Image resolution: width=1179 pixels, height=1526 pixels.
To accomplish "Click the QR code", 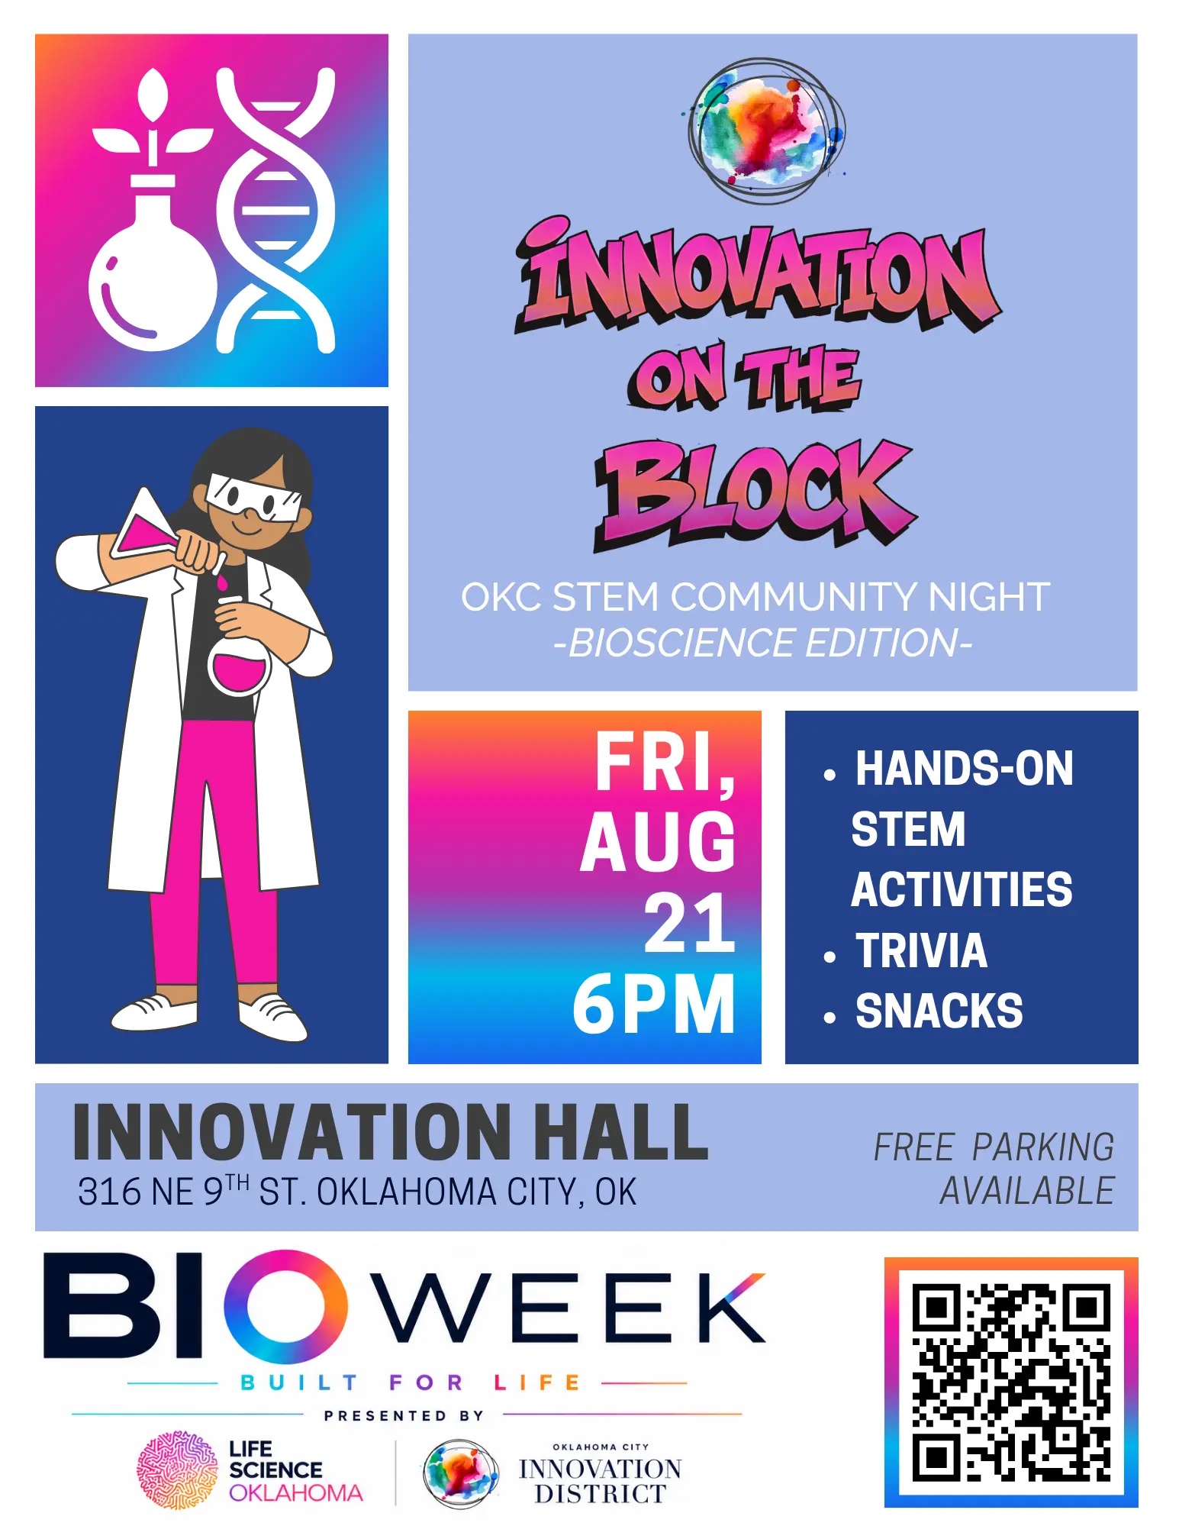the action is pyautogui.click(x=1010, y=1382).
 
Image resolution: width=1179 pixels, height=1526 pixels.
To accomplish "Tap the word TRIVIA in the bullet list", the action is pyautogui.click(x=921, y=950).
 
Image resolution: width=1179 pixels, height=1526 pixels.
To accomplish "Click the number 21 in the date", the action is pyautogui.click(x=690, y=923).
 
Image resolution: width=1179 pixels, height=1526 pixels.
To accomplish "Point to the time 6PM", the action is pyautogui.click(x=655, y=1004).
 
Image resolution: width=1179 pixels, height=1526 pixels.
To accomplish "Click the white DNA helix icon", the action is pyautogui.click(x=275, y=210).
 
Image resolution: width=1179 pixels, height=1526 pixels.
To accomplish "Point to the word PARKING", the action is pyautogui.click(x=1043, y=1147).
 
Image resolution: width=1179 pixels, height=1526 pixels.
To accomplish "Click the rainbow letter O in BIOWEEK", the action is pyautogui.click(x=285, y=1307).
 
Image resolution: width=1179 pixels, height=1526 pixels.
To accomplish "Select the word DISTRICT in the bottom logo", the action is pyautogui.click(x=600, y=1493).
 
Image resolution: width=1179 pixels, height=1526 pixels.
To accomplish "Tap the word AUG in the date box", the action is pyautogui.click(x=658, y=841).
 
